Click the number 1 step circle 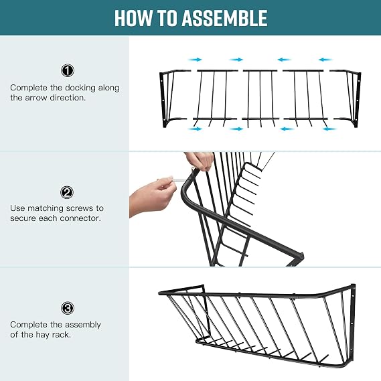68,70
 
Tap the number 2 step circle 67,192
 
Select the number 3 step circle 68,308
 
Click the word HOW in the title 133,18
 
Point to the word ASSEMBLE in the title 224,18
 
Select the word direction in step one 68,98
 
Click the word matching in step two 45,208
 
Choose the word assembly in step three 82,325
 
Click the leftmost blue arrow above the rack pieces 195,60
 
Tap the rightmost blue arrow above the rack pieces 325,60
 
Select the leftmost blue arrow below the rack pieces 195,129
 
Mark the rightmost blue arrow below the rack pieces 329,129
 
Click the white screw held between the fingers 179,180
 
